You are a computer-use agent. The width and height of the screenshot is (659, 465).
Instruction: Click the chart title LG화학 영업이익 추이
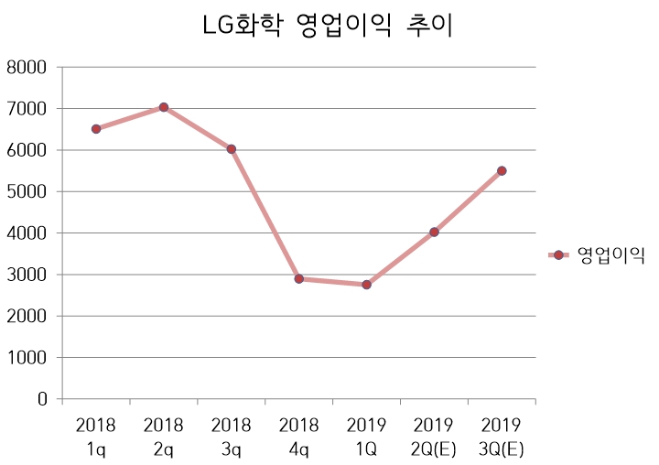pyautogui.click(x=329, y=27)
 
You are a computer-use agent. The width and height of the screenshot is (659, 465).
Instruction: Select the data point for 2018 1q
pyautogui.click(x=96, y=129)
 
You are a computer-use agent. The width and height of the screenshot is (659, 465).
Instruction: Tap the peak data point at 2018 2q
pyautogui.click(x=164, y=107)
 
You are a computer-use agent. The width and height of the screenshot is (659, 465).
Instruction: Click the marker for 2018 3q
pyautogui.click(x=232, y=149)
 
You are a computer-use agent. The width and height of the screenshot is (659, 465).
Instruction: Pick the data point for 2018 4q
pyautogui.click(x=299, y=278)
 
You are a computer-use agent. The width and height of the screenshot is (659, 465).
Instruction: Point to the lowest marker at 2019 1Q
pyautogui.click(x=366, y=285)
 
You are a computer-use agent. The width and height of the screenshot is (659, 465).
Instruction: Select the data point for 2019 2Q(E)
pyautogui.click(x=434, y=232)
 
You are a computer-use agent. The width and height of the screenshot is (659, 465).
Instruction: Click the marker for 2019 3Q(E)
pyautogui.click(x=502, y=170)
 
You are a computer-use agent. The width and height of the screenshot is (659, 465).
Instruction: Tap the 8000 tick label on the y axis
pyautogui.click(x=27, y=67)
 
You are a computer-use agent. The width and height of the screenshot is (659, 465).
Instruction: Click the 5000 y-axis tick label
pyautogui.click(x=27, y=191)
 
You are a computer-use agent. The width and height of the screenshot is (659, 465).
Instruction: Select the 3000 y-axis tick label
pyautogui.click(x=27, y=275)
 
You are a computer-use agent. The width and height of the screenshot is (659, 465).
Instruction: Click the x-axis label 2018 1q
pyautogui.click(x=96, y=437)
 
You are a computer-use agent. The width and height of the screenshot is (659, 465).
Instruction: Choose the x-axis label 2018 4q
pyautogui.click(x=299, y=437)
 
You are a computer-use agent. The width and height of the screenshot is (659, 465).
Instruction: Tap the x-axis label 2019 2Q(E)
pyautogui.click(x=434, y=437)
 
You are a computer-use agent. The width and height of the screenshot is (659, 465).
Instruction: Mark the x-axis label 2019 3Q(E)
pyautogui.click(x=502, y=437)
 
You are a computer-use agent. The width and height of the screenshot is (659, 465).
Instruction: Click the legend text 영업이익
pyautogui.click(x=611, y=255)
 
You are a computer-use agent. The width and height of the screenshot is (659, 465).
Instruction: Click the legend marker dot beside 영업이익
pyautogui.click(x=558, y=255)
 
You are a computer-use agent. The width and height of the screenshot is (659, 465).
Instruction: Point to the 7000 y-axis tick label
pyautogui.click(x=27, y=108)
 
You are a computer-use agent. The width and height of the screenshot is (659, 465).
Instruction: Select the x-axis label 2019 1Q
pyautogui.click(x=366, y=437)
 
